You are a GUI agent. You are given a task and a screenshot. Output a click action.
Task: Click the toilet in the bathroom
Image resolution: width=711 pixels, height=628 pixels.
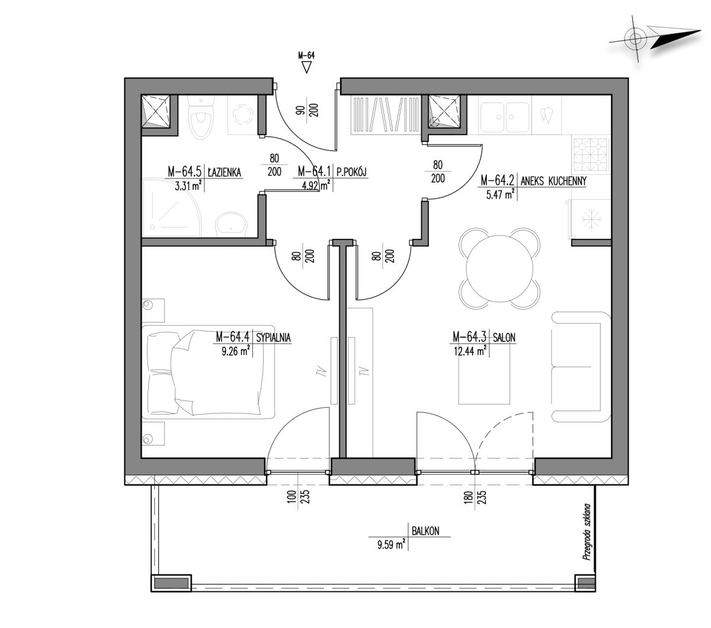200,117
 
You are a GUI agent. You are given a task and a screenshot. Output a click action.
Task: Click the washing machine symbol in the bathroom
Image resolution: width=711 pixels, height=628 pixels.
243,114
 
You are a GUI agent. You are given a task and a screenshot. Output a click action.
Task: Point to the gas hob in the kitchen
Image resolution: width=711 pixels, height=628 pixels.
590,152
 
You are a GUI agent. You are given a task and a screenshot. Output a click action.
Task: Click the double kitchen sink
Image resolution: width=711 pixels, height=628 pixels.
504,117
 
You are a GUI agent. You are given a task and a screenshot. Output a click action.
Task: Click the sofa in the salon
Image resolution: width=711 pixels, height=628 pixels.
580,367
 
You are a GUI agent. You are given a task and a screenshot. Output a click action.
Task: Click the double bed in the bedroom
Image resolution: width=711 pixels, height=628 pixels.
207,371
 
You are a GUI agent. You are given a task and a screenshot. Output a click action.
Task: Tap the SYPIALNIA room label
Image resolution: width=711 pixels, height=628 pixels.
273,338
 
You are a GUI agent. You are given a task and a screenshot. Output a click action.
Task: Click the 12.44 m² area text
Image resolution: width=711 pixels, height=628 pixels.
470,350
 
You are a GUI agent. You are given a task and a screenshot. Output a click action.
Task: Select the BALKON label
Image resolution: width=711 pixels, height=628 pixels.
425,531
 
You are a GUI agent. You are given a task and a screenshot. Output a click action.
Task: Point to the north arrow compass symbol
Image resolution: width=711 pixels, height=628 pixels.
655,39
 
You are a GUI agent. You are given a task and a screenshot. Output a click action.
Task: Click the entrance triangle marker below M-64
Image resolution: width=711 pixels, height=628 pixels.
306,67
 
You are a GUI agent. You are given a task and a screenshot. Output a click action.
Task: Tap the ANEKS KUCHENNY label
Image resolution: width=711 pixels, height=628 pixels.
553,181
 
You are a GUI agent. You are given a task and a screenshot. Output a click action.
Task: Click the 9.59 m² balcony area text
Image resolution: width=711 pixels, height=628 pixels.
391,545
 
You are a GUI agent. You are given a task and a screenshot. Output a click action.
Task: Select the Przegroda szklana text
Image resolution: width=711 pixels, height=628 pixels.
587,531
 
